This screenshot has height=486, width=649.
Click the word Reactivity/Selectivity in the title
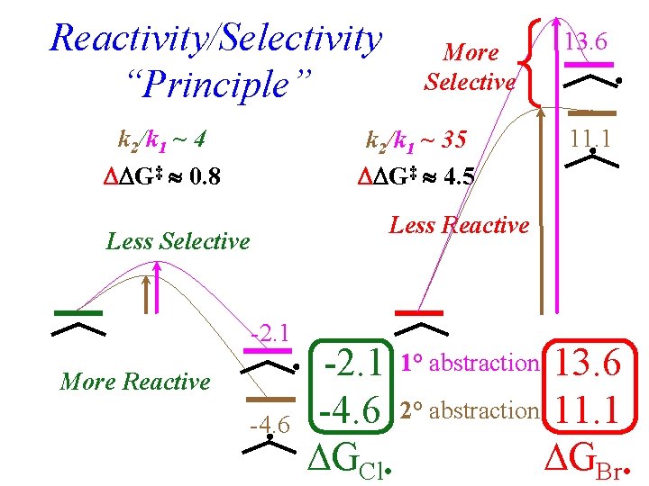(216, 39)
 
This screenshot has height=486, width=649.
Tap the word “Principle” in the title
(215, 85)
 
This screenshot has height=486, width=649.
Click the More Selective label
(470, 67)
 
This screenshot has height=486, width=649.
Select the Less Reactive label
(459, 225)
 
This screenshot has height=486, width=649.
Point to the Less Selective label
(178, 241)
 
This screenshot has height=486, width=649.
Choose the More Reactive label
(134, 382)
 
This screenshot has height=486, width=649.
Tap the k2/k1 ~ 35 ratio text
(416, 140)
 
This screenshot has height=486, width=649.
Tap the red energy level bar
(420, 311)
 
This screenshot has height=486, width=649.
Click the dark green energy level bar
(78, 312)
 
